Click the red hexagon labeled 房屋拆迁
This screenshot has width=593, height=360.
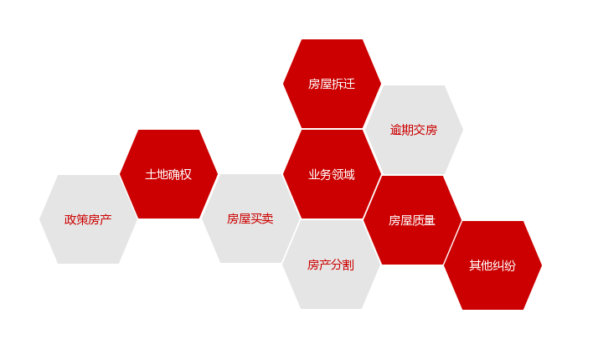[332, 84]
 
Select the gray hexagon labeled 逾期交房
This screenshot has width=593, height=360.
[414, 130]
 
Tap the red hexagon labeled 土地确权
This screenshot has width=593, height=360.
[168, 174]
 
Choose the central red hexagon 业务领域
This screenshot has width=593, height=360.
[332, 174]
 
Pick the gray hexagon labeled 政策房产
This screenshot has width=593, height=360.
[88, 219]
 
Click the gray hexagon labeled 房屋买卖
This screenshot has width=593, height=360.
[250, 219]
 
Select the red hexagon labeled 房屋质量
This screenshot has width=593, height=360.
[412, 220]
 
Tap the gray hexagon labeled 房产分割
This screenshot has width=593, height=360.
[331, 265]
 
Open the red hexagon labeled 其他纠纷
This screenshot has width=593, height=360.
[492, 265]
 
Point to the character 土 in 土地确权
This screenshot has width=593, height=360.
[152, 174]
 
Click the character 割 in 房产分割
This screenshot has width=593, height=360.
[348, 265]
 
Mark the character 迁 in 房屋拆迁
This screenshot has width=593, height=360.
[349, 84]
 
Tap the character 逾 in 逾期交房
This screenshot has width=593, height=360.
[396, 130]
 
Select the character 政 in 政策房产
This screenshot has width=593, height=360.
[70, 219]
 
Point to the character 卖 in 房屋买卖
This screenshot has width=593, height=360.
[267, 219]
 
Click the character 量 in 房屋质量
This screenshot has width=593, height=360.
[430, 220]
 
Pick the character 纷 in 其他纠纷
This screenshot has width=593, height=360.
[510, 266]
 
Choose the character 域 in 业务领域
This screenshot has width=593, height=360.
[349, 174]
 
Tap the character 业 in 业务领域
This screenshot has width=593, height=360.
[314, 174]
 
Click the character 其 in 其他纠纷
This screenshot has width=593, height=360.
[476, 266]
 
